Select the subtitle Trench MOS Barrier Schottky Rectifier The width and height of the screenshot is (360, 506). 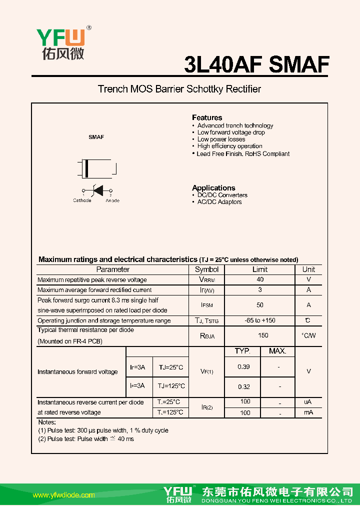click(179, 89)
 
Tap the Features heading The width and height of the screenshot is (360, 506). click(207, 117)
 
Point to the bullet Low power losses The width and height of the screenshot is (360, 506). click(221, 139)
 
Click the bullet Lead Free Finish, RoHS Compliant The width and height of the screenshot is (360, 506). click(243, 154)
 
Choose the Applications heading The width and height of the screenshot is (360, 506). click(213, 188)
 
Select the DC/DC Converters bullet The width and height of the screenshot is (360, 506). click(222, 195)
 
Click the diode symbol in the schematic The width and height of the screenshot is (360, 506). click(97, 190)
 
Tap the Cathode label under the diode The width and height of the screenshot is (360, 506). click(82, 200)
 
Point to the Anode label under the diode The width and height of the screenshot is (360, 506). click(112, 200)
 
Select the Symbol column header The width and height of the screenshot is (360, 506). click(207, 269)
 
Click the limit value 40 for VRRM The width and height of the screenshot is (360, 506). click(260, 280)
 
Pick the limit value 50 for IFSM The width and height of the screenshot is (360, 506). click(260, 305)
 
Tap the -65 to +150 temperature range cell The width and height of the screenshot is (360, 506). click(260, 320)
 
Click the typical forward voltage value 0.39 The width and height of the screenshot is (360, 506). click(243, 367)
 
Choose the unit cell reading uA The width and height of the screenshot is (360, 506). click(308, 402)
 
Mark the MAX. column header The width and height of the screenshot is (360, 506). click(277, 351)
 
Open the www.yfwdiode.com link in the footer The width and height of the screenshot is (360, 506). click(63, 495)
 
